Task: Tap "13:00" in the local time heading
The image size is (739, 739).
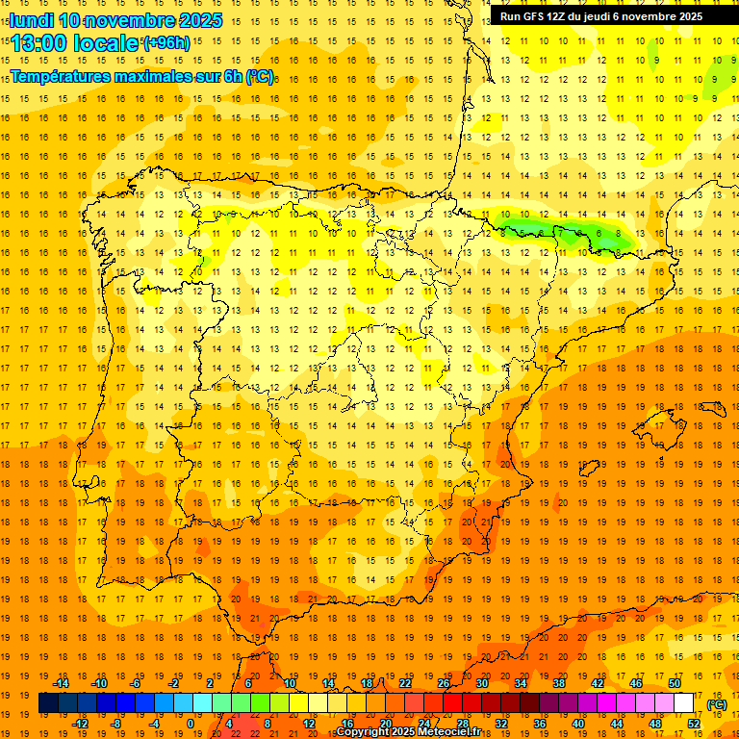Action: [39, 43]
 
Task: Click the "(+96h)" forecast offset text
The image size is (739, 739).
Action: [166, 42]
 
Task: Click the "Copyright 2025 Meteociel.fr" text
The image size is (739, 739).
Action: [408, 732]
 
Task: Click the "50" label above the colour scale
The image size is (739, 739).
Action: [674, 683]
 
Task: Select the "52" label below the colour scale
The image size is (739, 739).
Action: [693, 724]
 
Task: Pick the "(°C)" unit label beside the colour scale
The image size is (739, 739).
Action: [717, 703]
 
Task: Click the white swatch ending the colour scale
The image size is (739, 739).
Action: [683, 703]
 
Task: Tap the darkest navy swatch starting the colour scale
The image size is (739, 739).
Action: [48, 703]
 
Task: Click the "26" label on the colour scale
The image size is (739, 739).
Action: [444, 683]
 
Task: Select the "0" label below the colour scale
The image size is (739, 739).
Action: [190, 724]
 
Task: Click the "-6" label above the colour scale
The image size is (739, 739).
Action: [136, 683]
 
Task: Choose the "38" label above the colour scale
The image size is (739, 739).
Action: [558, 683]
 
